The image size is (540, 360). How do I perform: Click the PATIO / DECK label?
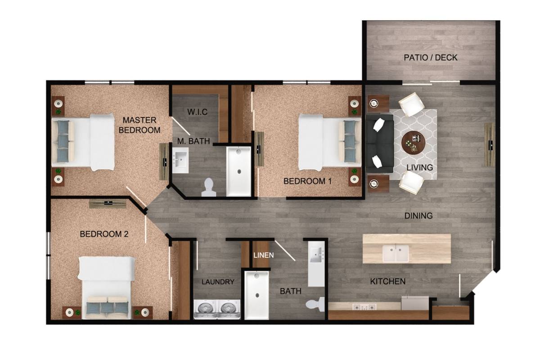[431, 58]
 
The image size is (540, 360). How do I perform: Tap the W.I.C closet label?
[198, 112]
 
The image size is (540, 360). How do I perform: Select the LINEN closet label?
[264, 255]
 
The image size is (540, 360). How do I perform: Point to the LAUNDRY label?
[218, 282]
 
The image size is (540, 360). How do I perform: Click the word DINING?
[418, 216]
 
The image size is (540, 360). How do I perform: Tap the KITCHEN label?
[388, 281]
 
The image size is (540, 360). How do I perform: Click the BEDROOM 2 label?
[104, 234]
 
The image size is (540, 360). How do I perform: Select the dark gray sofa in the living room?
[380, 143]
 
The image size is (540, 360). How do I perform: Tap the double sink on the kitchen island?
[396, 253]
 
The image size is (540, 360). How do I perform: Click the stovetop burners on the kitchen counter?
[364, 307]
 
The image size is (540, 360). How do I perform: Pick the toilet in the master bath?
[209, 188]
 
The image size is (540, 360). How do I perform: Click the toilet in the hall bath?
[315, 304]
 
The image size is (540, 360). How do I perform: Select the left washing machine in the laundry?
[205, 310]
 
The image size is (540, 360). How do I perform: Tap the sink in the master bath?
[180, 160]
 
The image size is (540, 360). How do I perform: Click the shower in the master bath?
[238, 171]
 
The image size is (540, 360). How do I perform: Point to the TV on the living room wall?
[490, 144]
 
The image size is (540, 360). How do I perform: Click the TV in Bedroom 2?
[108, 203]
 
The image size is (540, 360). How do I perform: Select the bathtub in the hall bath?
[257, 295]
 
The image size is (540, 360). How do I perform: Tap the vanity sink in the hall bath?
[316, 254]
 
